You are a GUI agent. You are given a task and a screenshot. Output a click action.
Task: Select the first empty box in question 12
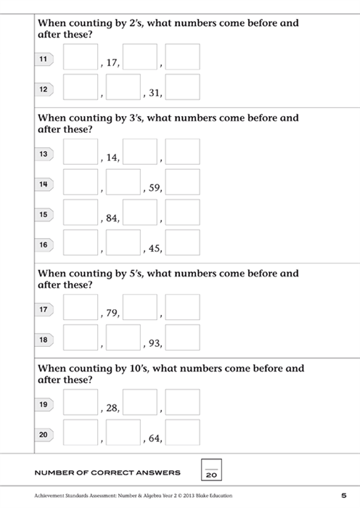pyautogui.click(x=81, y=87)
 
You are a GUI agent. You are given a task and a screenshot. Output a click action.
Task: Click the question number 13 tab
pyautogui.click(x=44, y=154)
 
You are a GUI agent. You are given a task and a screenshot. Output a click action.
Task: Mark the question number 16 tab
pyautogui.click(x=44, y=245)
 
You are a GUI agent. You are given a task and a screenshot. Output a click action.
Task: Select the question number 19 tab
pyautogui.click(x=44, y=404)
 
